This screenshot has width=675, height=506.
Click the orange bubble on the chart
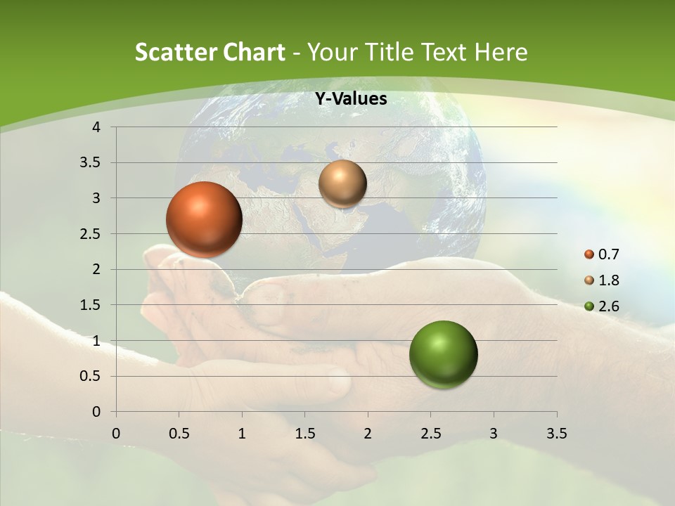click(204, 219)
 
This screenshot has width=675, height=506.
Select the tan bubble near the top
click(342, 183)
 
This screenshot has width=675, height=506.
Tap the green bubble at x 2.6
click(443, 354)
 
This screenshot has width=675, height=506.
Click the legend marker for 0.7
click(589, 254)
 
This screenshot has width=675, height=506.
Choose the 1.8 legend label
click(609, 280)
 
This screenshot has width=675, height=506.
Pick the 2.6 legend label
click(609, 306)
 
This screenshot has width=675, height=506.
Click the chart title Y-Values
click(351, 99)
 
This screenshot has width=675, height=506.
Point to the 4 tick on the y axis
click(97, 127)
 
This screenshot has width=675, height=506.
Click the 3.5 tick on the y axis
click(91, 163)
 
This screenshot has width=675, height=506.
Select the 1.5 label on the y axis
click(91, 305)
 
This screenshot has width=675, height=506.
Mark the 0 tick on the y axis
click(97, 412)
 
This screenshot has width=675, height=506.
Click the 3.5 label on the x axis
click(556, 434)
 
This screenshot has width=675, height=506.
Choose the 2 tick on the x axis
click(368, 434)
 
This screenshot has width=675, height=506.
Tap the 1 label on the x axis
click(242, 434)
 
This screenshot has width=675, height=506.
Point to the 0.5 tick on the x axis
click(179, 434)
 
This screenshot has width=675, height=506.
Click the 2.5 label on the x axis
click(430, 434)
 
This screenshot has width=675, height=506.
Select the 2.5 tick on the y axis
click(91, 234)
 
